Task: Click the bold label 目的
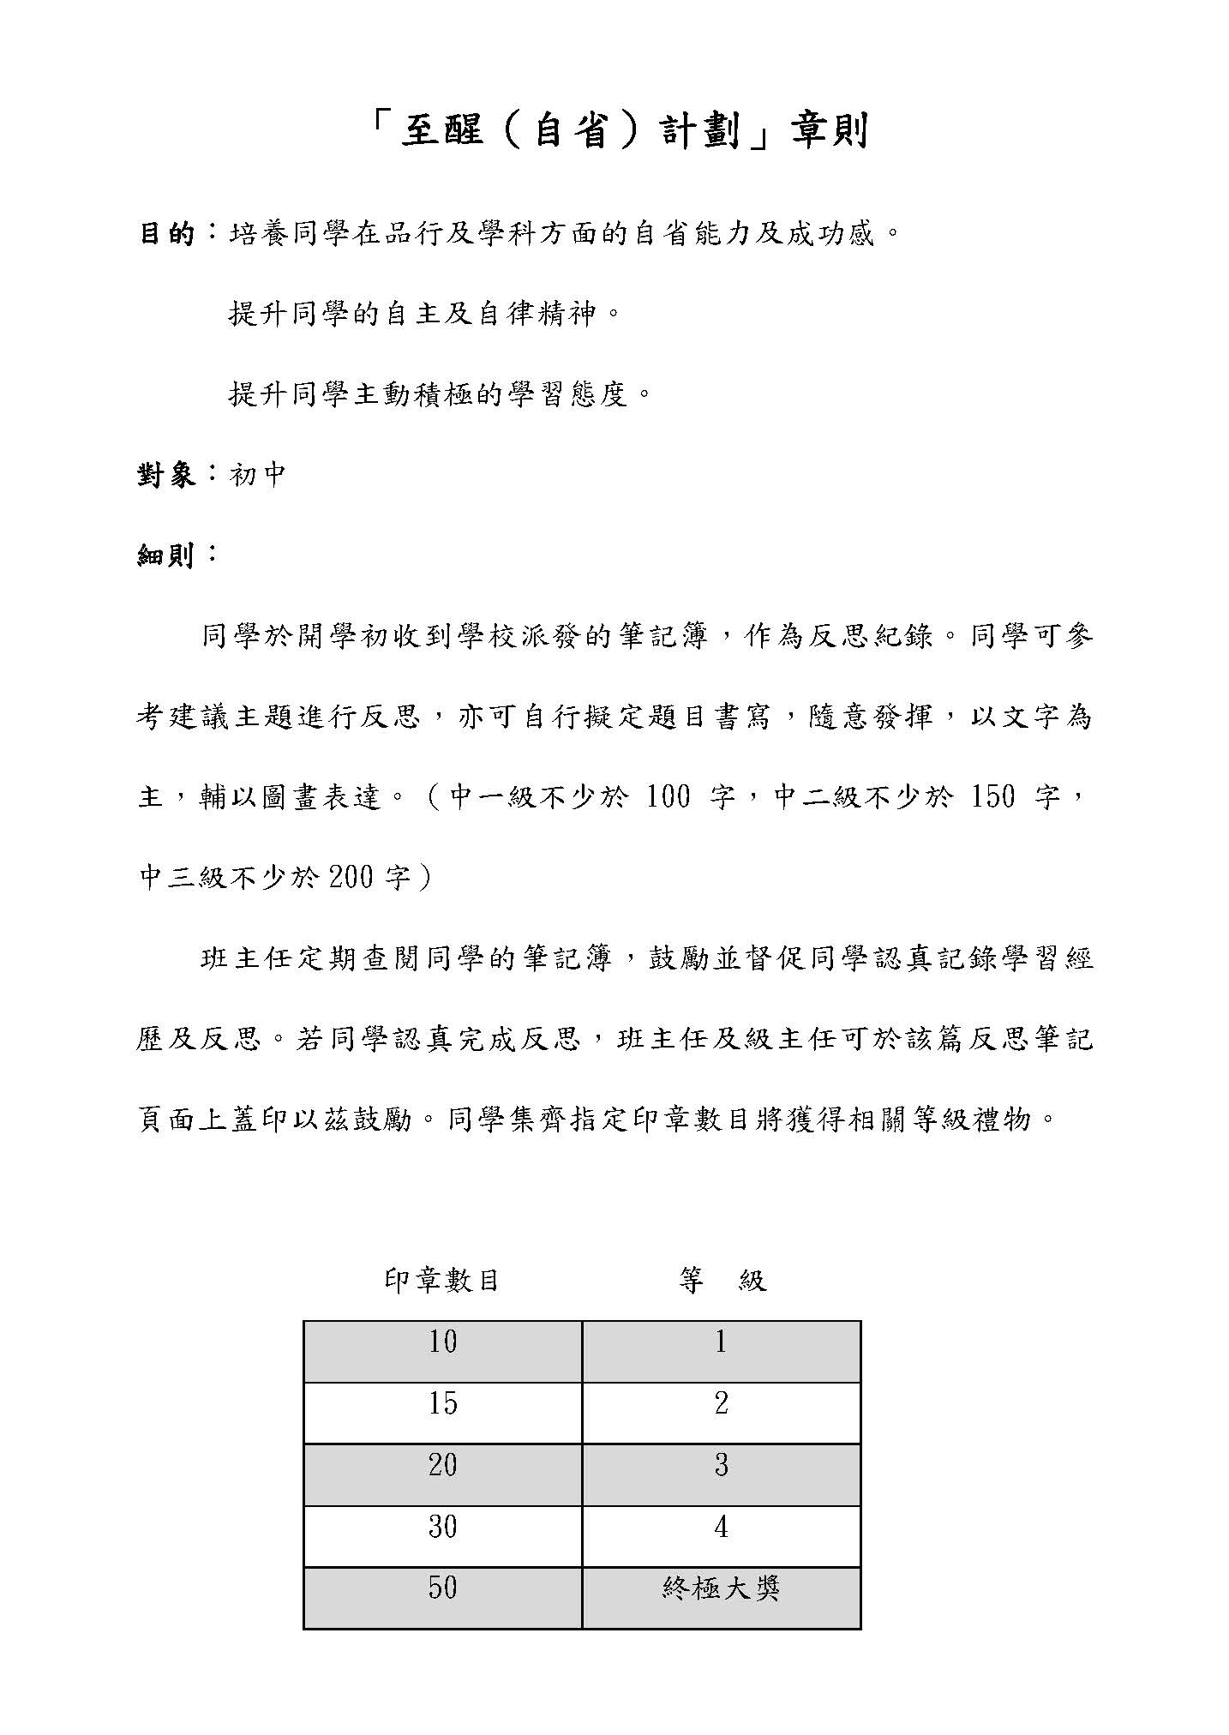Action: (168, 233)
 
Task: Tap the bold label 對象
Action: (168, 475)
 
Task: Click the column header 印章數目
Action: (442, 1281)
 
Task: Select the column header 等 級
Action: (721, 1281)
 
